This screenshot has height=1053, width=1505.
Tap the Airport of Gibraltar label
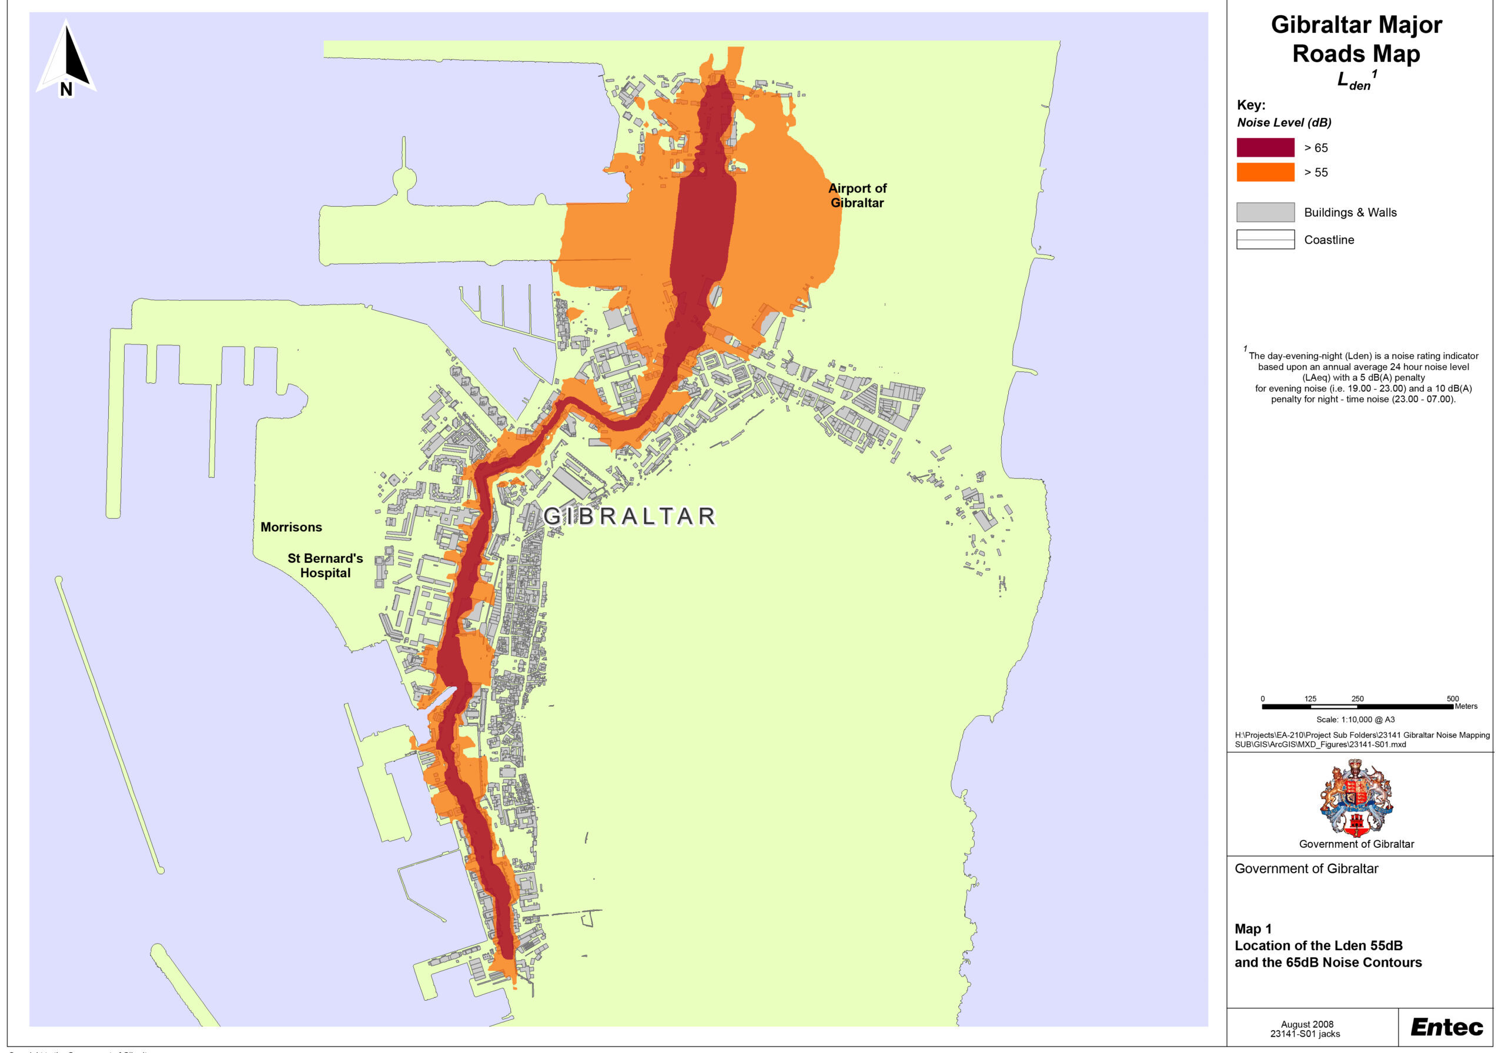point(857,195)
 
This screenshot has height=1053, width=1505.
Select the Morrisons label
point(291,527)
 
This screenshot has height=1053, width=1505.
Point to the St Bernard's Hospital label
point(325,565)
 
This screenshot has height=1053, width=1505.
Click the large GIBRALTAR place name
point(629,517)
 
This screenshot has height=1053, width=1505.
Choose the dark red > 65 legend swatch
point(1265,147)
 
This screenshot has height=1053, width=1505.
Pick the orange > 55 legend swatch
point(1265,172)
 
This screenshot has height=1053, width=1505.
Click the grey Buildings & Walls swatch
point(1265,212)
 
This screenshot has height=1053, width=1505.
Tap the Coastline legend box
point(1265,239)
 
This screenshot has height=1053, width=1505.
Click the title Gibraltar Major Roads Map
point(1356,39)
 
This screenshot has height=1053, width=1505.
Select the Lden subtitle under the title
point(1355,81)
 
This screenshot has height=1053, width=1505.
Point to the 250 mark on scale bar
point(1357,699)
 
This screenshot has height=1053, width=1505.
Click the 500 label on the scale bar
point(1453,699)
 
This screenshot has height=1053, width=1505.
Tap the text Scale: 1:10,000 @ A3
point(1356,719)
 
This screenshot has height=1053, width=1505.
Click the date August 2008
point(1307,1024)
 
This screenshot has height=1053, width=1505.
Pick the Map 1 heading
point(1253,928)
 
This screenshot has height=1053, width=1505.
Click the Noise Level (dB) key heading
point(1283,123)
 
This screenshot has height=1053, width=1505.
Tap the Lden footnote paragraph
point(1363,377)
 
